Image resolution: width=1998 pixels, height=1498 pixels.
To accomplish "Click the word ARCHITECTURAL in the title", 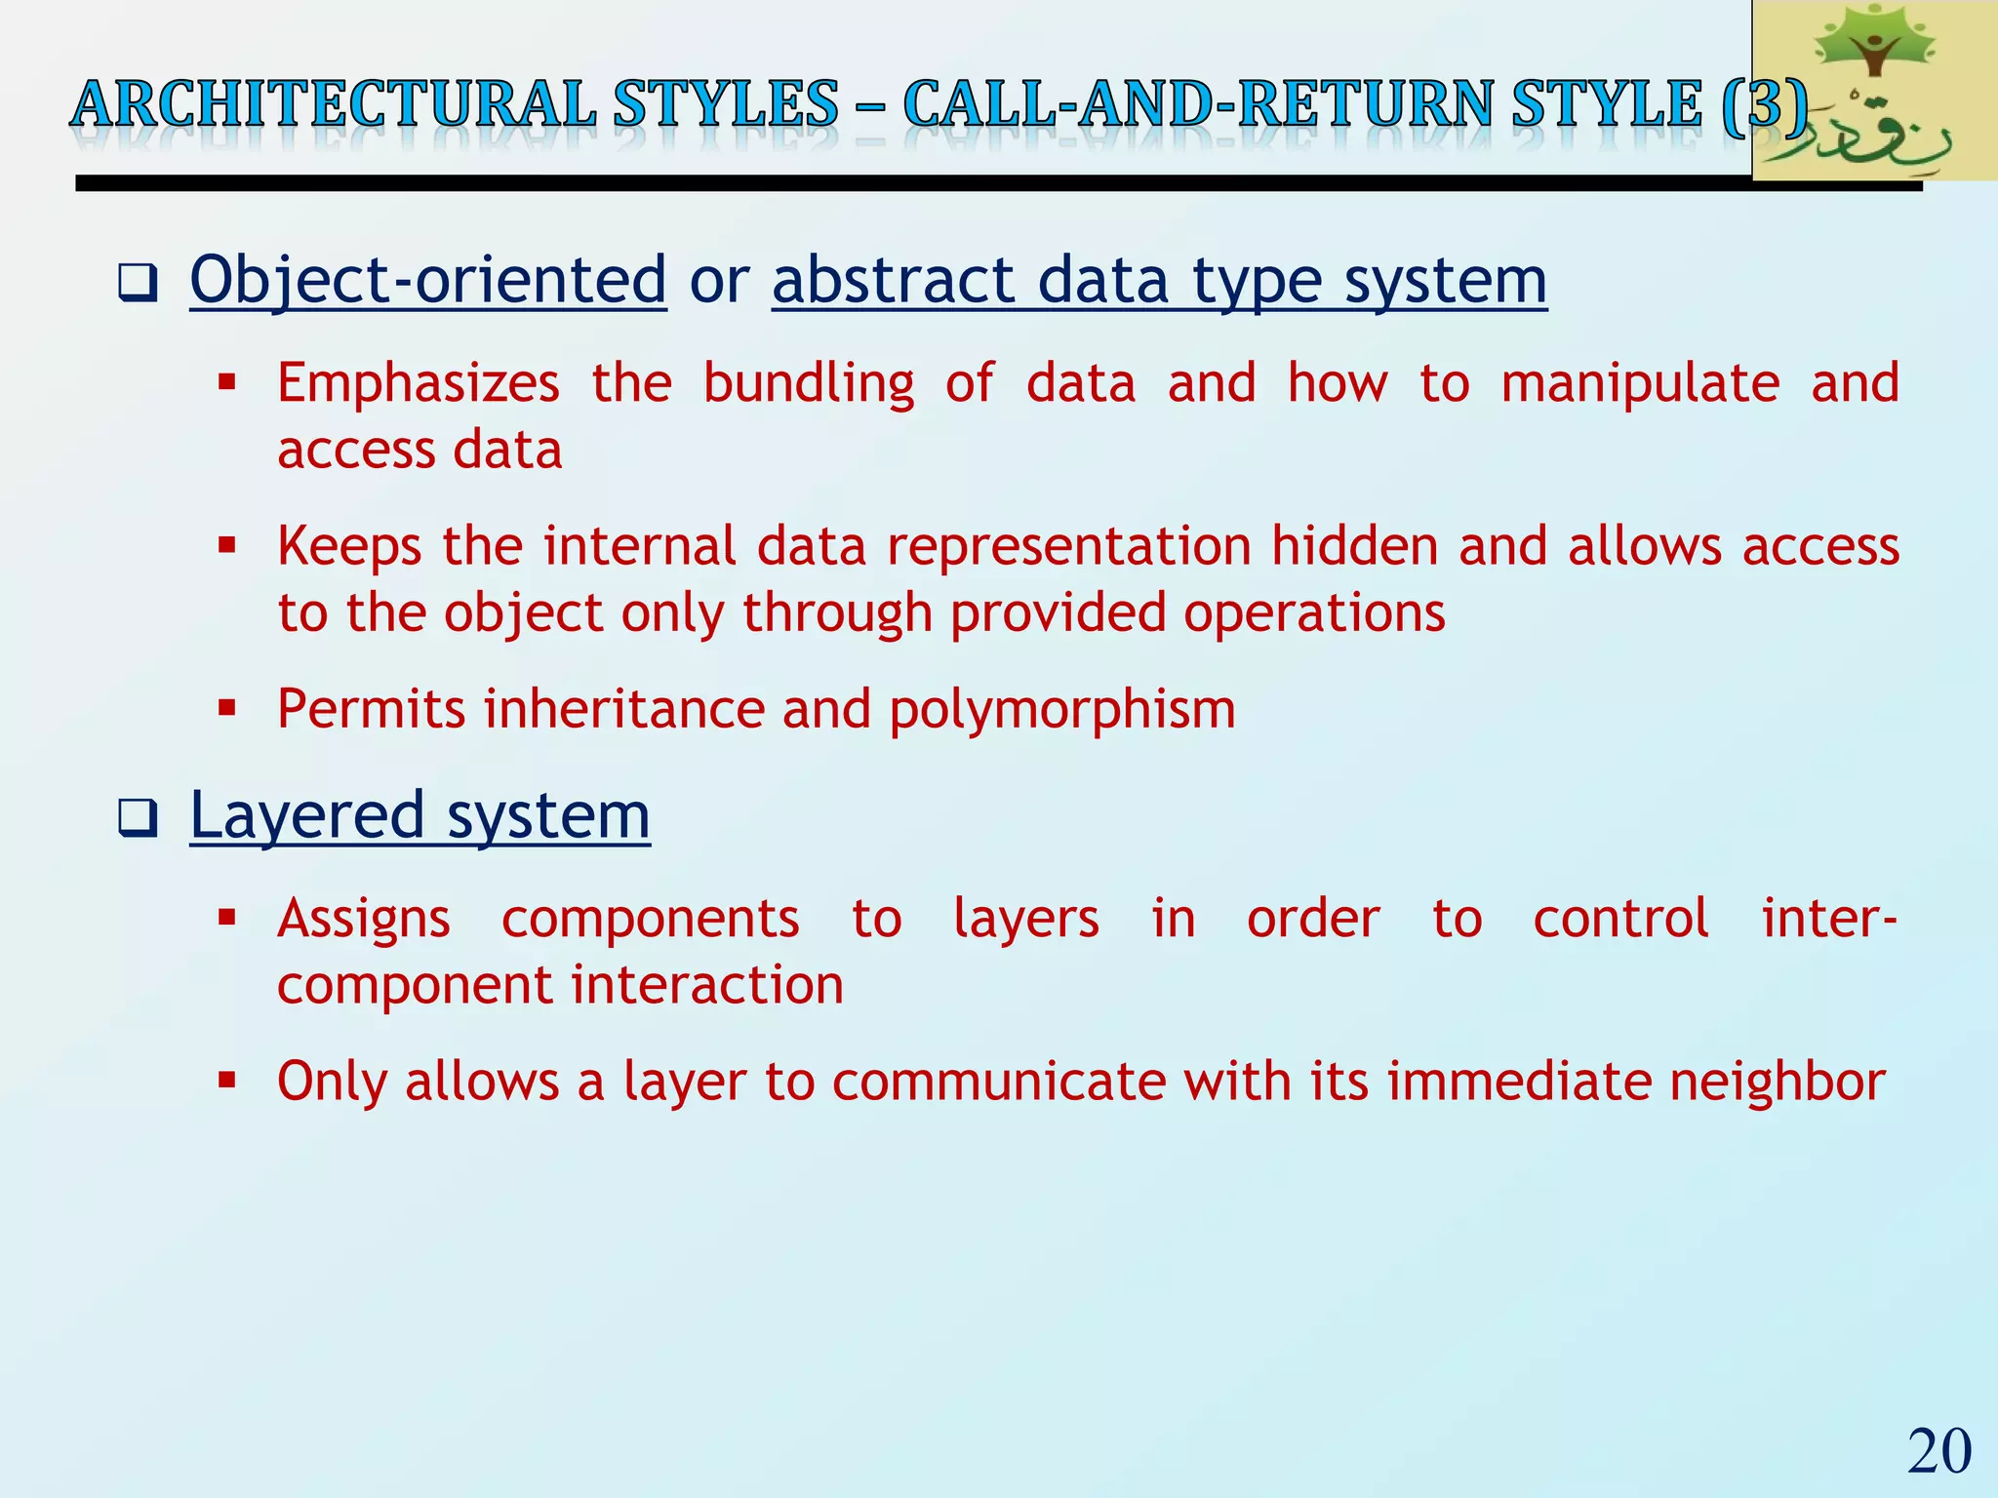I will click(333, 105).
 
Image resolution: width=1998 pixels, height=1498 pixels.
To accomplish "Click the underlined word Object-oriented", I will click(427, 280).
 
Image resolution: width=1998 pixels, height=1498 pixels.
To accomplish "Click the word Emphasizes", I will click(418, 383).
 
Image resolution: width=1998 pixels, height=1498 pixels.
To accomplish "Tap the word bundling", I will click(808, 383).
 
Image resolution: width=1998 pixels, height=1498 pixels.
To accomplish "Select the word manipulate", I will click(1639, 383).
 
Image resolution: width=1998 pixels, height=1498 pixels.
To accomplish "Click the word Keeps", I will click(349, 546).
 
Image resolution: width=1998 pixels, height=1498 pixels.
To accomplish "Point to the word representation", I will click(1068, 546).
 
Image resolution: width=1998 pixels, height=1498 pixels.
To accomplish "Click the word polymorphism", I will click(1061, 709).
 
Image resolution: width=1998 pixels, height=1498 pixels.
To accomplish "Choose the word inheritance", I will click(623, 709).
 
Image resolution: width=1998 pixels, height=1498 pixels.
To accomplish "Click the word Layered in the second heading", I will click(306, 816).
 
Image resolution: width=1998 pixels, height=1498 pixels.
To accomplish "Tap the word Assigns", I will click(363, 920).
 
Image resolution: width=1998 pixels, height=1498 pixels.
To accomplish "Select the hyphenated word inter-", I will click(1828, 920).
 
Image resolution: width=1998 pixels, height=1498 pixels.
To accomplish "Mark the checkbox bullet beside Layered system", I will click(138, 818).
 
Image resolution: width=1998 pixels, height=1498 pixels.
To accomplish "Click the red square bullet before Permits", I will click(227, 707).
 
